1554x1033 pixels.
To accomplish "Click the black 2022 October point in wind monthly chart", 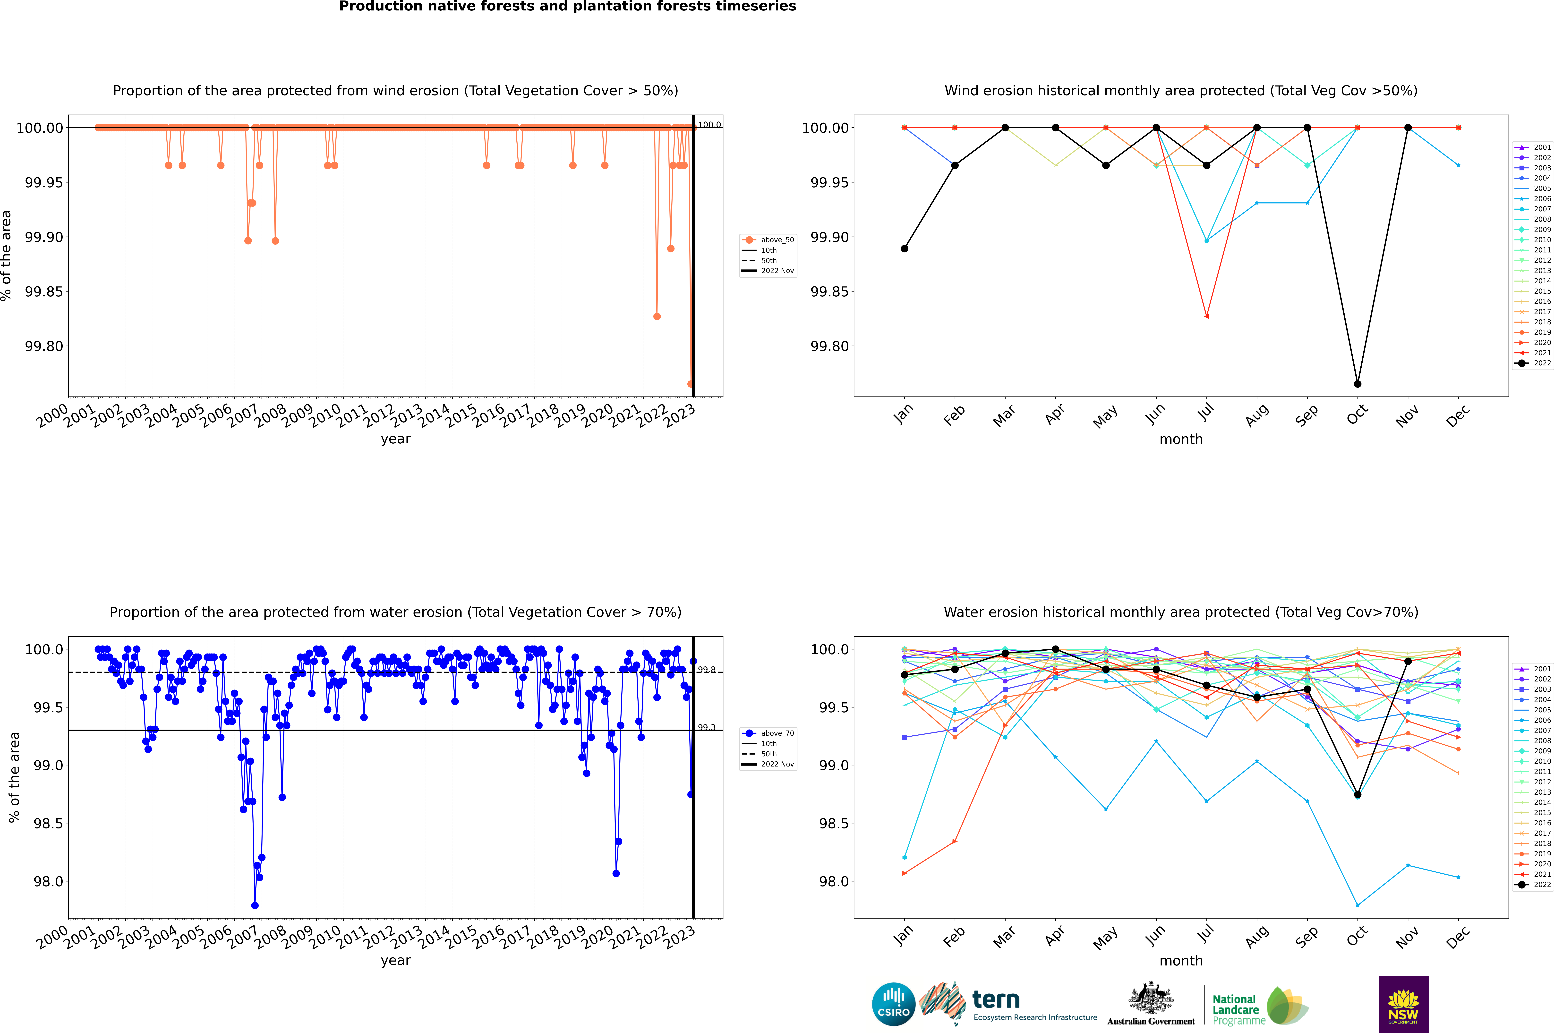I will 1358,384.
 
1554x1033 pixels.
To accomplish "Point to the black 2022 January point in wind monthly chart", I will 905,249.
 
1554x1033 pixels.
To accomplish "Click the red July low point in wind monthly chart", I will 1207,316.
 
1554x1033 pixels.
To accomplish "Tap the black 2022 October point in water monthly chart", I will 1358,794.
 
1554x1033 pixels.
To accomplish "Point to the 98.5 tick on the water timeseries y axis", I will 48,824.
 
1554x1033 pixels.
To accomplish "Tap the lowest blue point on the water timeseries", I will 255,906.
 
